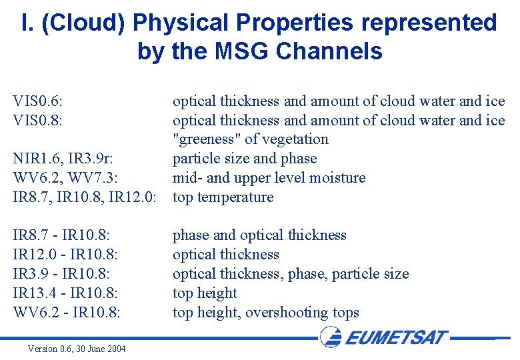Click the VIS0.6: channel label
(x=42, y=101)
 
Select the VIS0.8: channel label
(x=42, y=121)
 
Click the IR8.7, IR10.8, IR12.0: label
(x=85, y=197)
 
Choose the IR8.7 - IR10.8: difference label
(x=61, y=235)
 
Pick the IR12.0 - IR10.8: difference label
(x=65, y=255)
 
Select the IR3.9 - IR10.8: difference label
(x=61, y=274)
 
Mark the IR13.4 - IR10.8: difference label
(x=65, y=293)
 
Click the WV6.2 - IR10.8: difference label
(x=67, y=313)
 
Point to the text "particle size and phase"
(x=245, y=159)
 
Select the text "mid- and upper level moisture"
(x=269, y=178)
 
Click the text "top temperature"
(x=223, y=197)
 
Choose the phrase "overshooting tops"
(x=302, y=313)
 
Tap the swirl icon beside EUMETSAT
(x=331, y=337)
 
